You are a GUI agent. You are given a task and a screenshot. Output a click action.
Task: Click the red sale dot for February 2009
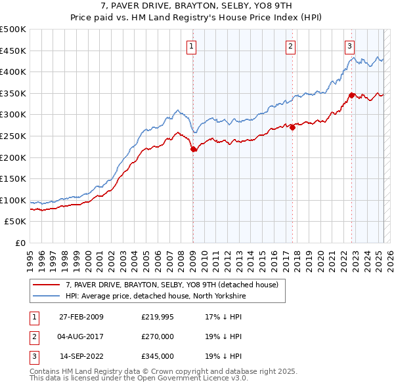[194, 150]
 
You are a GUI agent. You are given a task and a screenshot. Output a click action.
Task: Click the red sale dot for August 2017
[292, 128]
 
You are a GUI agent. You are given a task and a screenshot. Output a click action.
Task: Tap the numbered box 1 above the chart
[191, 46]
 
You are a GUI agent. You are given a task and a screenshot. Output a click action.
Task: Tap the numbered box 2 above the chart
[290, 46]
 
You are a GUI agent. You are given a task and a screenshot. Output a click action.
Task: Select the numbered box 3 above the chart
[349, 46]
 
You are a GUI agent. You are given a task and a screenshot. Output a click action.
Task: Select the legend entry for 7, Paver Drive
[172, 285]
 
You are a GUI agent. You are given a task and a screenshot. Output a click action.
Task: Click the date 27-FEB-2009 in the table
[81, 317]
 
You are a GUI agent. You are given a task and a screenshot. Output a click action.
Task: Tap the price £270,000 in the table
[158, 337]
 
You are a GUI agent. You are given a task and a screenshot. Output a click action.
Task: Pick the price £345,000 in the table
[158, 357]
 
